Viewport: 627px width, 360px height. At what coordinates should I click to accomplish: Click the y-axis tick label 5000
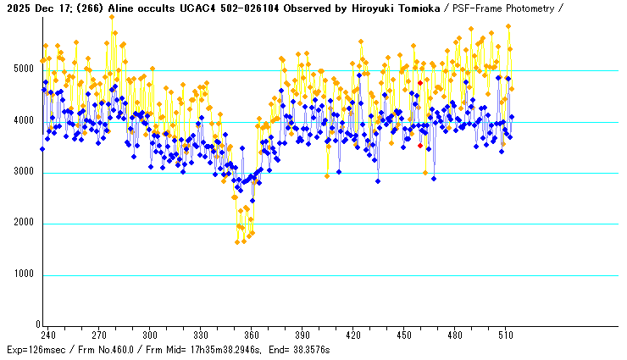click(x=25, y=69)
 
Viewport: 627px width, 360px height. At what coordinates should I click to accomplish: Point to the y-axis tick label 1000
click(x=25, y=275)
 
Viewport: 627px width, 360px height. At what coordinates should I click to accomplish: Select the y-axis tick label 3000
click(x=25, y=173)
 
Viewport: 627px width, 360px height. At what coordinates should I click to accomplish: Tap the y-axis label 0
click(x=37, y=325)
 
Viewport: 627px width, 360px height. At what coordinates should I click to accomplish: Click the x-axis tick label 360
click(x=252, y=335)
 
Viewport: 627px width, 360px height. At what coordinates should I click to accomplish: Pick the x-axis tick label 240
click(x=48, y=335)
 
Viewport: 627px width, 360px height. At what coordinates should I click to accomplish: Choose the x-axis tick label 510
click(x=506, y=335)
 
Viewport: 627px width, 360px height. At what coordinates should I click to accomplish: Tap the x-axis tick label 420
click(x=353, y=335)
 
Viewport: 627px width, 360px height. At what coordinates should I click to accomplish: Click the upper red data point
click(x=419, y=83)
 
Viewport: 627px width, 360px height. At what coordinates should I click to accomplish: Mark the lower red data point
click(x=419, y=146)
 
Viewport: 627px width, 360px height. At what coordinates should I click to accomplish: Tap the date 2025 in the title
click(x=16, y=8)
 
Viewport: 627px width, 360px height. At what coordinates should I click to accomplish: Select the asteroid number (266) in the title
click(x=90, y=8)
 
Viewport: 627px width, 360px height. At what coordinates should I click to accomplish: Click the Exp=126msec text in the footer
click(x=35, y=350)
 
